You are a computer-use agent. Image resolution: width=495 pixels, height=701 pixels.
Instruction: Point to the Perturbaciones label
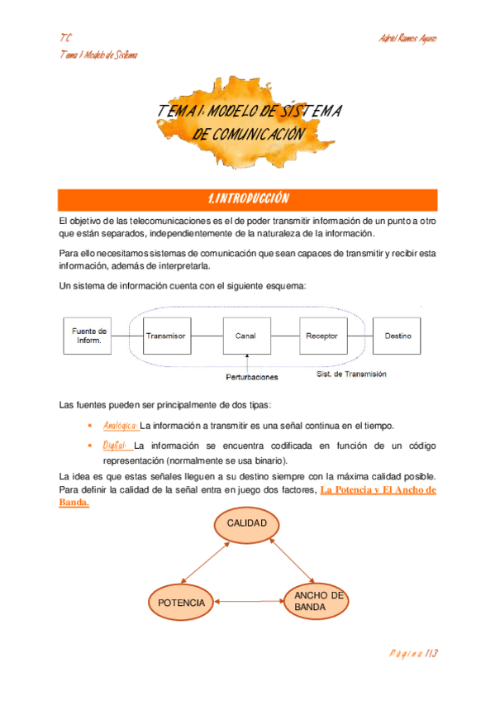click(x=252, y=377)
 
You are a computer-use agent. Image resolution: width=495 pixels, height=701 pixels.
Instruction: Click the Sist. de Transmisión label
click(x=352, y=374)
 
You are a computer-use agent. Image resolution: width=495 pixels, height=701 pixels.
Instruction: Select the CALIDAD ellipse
click(x=247, y=524)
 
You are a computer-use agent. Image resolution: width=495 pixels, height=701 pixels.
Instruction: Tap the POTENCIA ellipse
click(x=181, y=603)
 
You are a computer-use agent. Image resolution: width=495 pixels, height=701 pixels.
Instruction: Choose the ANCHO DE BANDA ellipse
click(x=317, y=602)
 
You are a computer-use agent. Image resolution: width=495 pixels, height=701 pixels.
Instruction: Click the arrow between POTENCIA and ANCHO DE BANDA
click(x=248, y=603)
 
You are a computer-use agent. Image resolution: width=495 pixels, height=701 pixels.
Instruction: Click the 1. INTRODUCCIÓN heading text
click(x=248, y=199)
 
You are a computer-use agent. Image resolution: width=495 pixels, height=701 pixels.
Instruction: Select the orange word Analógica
click(x=121, y=426)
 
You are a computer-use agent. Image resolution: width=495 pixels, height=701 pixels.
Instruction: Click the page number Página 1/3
click(x=413, y=653)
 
